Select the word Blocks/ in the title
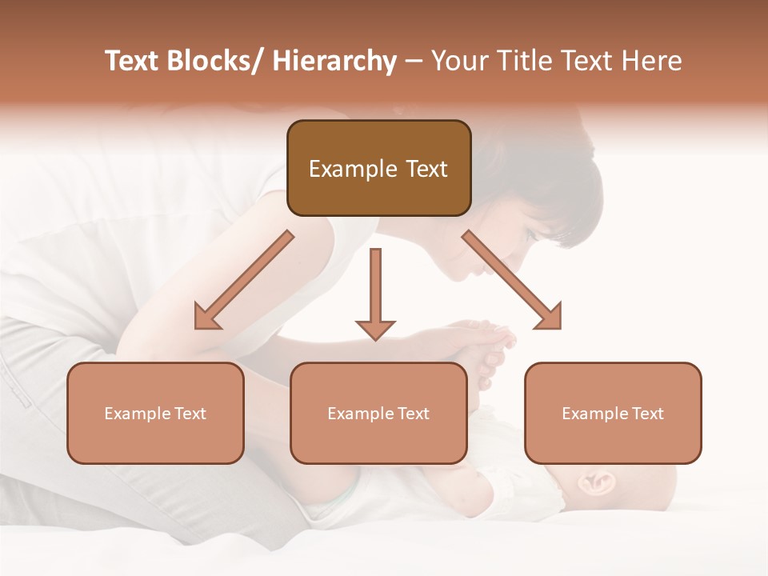point(215,62)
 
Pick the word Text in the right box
point(648,414)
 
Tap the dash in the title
point(414,62)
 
